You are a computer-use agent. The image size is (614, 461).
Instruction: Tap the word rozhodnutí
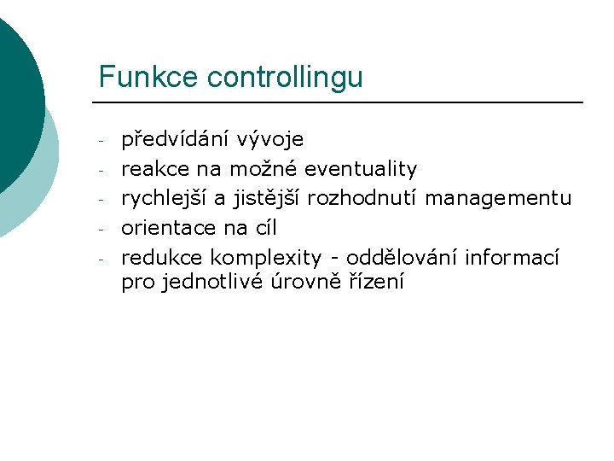click(363, 199)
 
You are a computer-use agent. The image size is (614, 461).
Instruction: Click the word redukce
click(162, 258)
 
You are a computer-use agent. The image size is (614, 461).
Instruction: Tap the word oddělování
click(402, 258)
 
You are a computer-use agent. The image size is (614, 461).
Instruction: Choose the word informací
click(512, 258)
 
